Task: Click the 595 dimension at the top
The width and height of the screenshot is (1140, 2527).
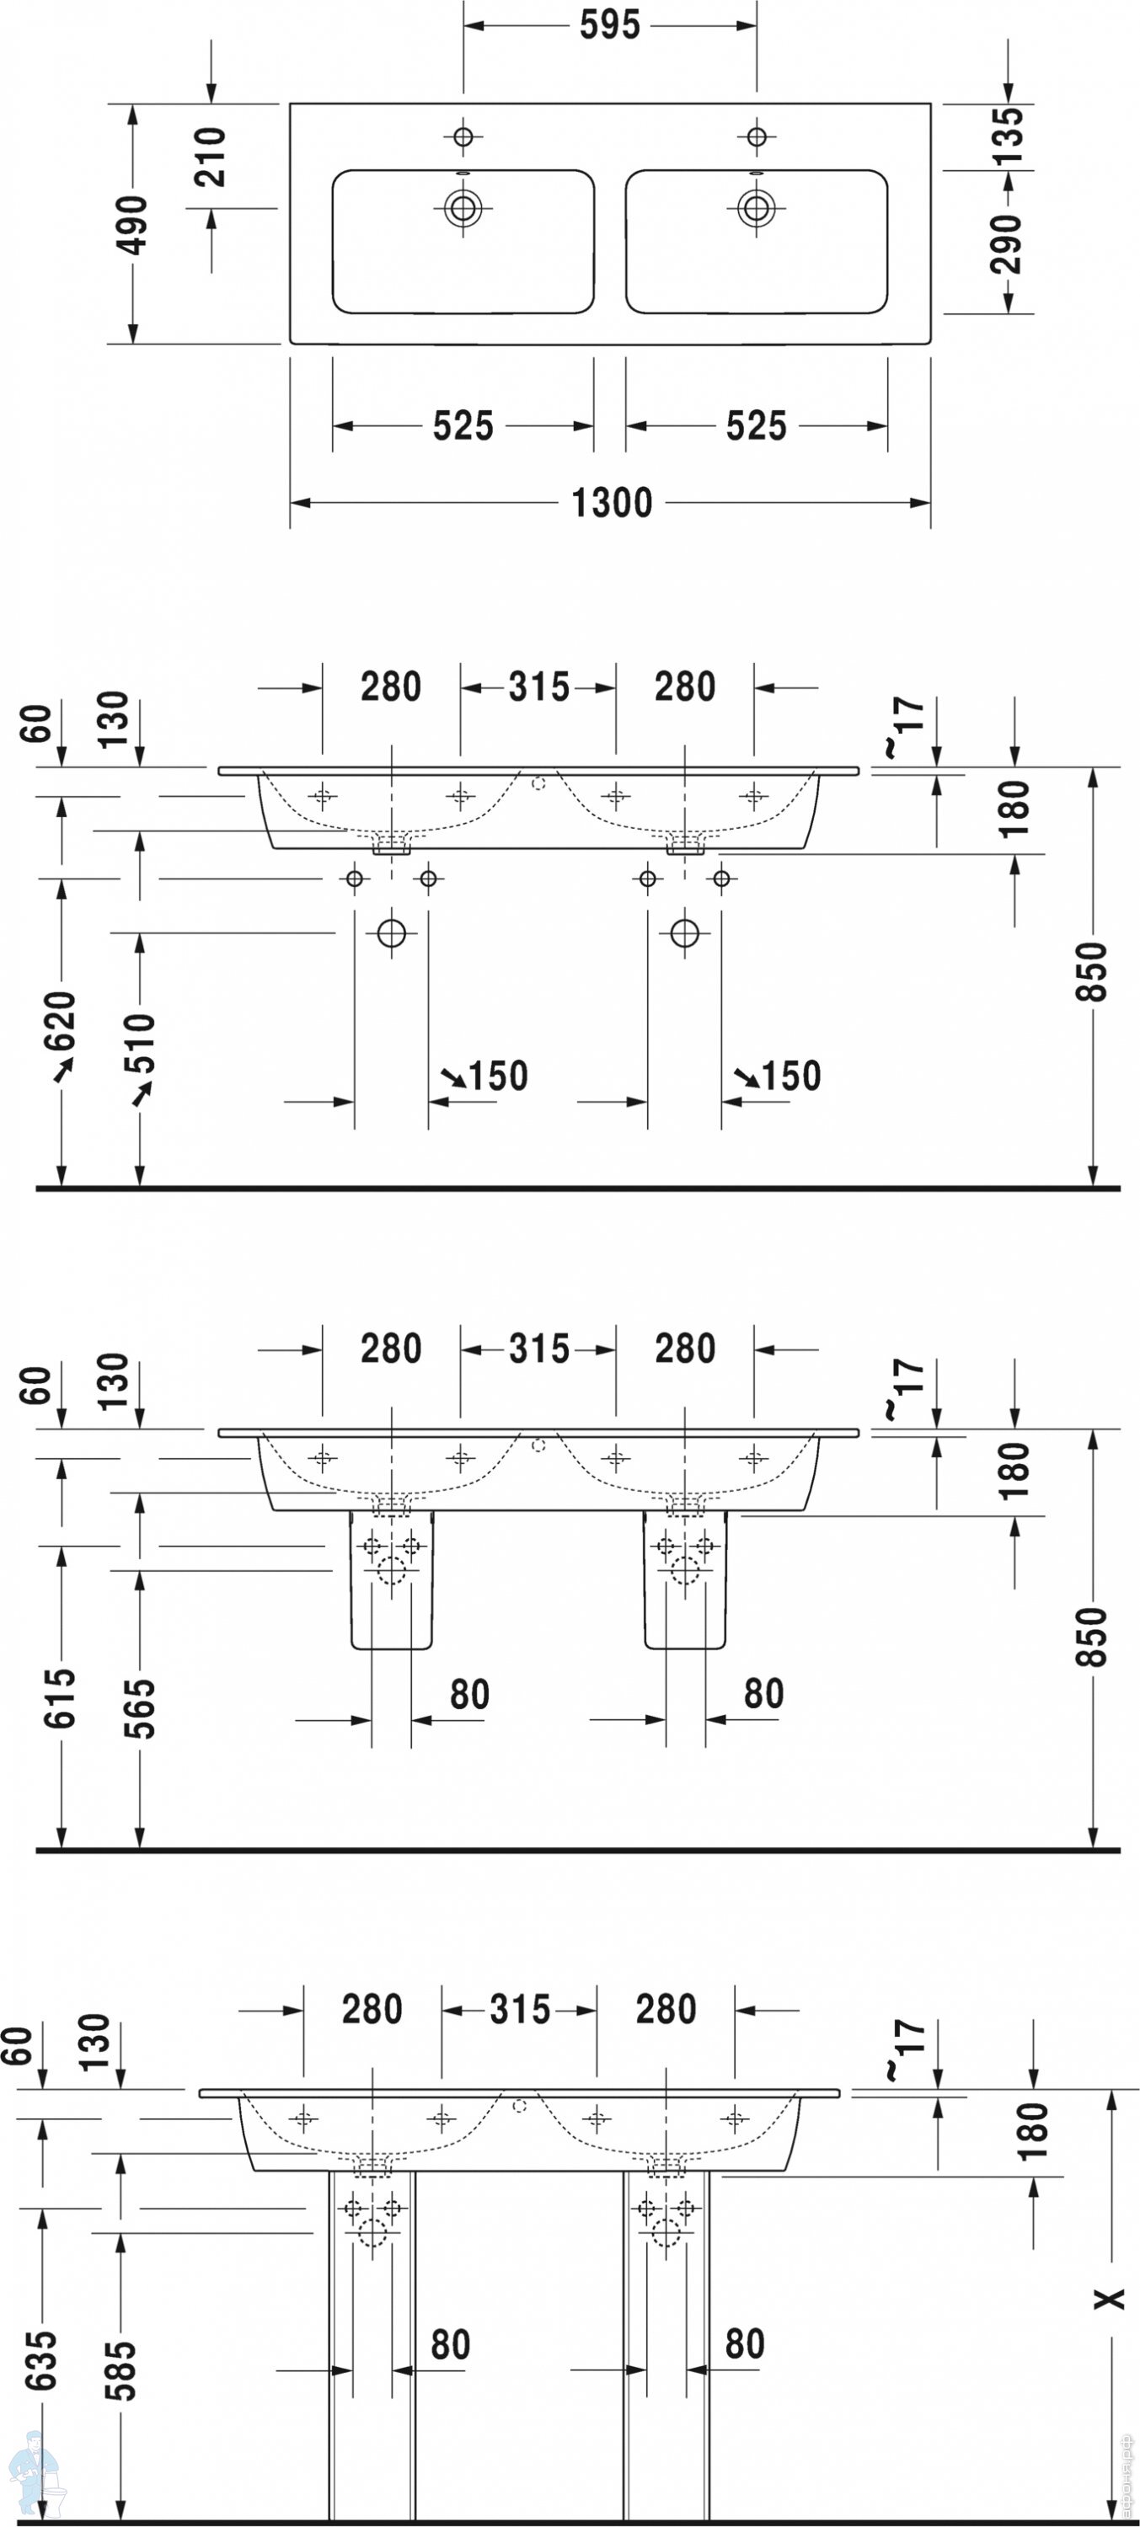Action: point(609,25)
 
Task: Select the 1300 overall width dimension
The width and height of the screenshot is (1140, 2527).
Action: point(611,503)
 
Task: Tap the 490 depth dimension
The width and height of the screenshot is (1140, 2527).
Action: point(132,225)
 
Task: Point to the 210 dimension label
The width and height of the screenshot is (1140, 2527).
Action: point(211,157)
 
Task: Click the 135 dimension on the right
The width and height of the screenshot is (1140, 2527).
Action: point(1008,135)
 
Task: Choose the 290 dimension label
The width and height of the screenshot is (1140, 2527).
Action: point(1008,243)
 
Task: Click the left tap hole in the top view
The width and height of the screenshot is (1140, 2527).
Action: point(463,136)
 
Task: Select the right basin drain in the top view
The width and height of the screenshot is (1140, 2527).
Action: point(756,207)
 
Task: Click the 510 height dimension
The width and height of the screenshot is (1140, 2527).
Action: point(139,1044)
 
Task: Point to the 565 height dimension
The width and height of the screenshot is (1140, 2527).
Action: point(139,1708)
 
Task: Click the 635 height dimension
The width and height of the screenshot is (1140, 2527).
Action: point(42,2361)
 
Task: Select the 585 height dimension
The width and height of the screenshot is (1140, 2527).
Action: point(120,2371)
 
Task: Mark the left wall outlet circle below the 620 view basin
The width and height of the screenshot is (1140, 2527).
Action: point(392,933)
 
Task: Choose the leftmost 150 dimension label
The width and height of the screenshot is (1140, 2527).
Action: point(497,1077)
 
